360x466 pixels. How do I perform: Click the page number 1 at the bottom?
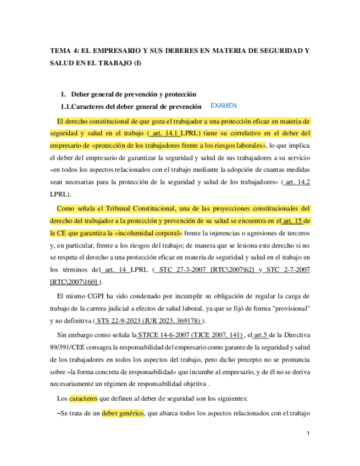308,434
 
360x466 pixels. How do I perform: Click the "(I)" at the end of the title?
137,63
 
